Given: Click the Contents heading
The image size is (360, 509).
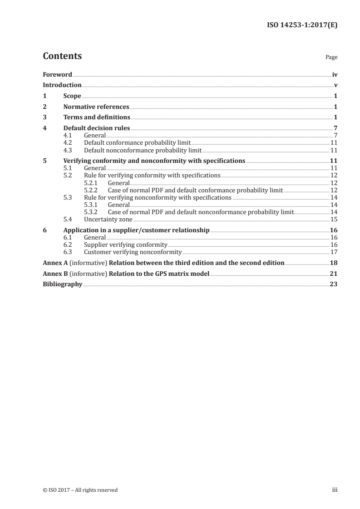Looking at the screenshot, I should pyautogui.click(x=62, y=56).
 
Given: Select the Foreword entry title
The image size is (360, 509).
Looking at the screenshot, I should pyautogui.click(x=57, y=74).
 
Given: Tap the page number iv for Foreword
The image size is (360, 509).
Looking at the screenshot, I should pyautogui.click(x=335, y=74).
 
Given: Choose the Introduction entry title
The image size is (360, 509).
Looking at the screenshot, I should pyautogui.click(x=62, y=85).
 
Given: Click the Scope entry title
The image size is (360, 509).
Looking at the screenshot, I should pyautogui.click(x=72, y=96).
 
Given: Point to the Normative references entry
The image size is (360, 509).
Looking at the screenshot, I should pyautogui.click(x=96, y=107).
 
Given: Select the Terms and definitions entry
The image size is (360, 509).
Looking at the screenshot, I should pyautogui.click(x=97, y=117).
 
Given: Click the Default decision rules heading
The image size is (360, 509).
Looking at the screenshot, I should pyautogui.click(x=97, y=128).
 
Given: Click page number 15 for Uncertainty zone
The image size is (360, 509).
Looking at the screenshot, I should pyautogui.click(x=334, y=219).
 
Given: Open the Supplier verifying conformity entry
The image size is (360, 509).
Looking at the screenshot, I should pyautogui.click(x=126, y=245).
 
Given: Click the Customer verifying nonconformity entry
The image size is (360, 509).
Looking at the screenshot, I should pyautogui.click(x=133, y=252).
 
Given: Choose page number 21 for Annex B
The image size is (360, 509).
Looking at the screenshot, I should pyautogui.click(x=333, y=274).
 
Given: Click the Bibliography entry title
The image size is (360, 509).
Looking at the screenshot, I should pyautogui.click(x=62, y=284).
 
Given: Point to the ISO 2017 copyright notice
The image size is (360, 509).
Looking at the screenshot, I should pyautogui.click(x=80, y=490).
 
